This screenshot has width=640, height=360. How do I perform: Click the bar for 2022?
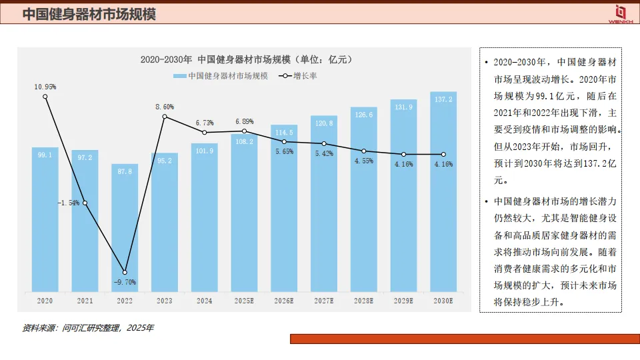[125, 227]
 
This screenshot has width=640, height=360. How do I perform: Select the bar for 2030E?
[443, 193]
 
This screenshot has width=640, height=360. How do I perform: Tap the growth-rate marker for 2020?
[45, 97]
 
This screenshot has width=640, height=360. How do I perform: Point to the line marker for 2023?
[165, 117]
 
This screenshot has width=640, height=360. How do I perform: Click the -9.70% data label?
[125, 282]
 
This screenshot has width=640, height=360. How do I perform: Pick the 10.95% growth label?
[45, 87]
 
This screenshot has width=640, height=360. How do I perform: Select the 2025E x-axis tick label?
[244, 301]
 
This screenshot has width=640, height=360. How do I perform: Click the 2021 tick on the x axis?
[85, 301]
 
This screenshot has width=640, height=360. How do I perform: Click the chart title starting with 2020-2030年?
[246, 59]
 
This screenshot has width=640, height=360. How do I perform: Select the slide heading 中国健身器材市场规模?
[89, 14]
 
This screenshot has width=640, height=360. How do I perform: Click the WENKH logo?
[620, 13]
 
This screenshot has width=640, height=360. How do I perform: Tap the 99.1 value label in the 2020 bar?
[45, 155]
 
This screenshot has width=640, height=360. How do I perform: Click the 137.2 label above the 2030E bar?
[443, 99]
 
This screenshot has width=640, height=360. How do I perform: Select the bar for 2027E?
[324, 203]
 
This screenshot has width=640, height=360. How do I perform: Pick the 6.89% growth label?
[244, 121]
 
